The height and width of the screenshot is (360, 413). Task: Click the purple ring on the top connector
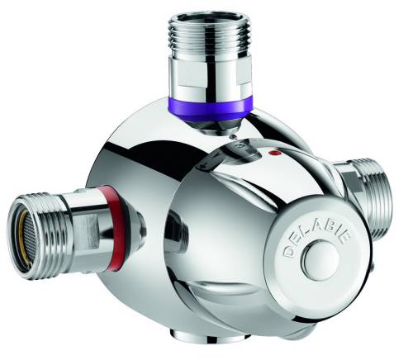209,106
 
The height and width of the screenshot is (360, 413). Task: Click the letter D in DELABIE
290,251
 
